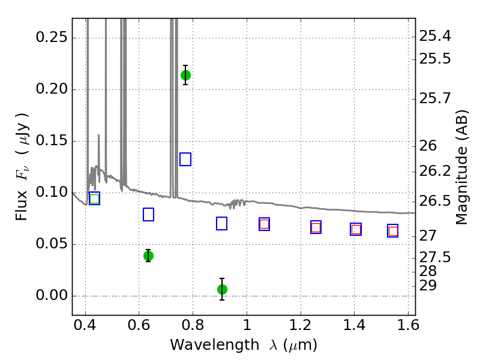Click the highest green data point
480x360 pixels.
tap(185, 75)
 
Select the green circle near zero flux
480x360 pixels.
tap(222, 289)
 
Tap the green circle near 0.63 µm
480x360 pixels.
tap(148, 256)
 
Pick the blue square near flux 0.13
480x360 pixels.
tap(185, 159)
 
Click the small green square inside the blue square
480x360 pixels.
tap(95, 199)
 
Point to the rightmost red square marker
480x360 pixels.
tap(393, 231)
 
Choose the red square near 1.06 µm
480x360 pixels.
tap(264, 224)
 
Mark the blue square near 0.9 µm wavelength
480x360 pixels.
tap(221, 223)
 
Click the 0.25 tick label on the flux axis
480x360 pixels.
tap(52, 37)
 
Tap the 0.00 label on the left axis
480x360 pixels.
tap(52, 295)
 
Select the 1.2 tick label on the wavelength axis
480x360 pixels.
tap(301, 325)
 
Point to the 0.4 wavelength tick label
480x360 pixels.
tap(85, 325)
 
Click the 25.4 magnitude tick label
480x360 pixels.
tap(435, 36)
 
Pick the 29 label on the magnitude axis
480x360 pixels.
tap(428, 286)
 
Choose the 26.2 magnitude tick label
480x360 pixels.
tap(435, 171)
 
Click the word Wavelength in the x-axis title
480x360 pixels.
tap(215, 345)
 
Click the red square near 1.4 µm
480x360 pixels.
tap(356, 229)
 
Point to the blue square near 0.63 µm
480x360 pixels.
tap(148, 214)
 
